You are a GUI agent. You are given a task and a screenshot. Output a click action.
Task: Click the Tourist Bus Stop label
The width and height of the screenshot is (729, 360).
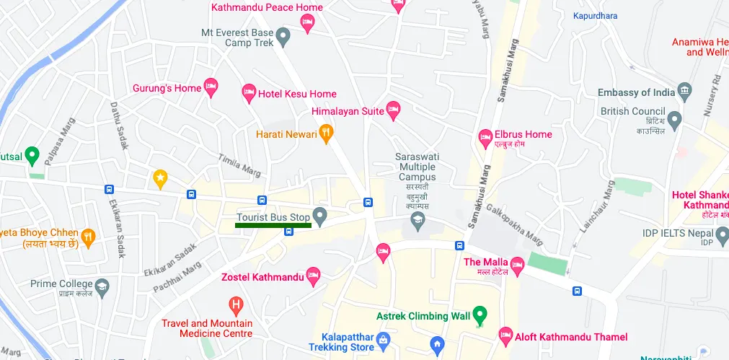[x=273, y=217]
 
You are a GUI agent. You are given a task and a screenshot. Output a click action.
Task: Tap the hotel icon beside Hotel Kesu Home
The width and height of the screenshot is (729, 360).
[x=249, y=93]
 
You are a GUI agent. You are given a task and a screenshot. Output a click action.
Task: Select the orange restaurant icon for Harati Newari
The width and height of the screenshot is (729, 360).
[x=326, y=133]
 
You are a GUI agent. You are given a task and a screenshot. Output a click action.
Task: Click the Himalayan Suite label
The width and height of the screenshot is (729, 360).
[x=348, y=112]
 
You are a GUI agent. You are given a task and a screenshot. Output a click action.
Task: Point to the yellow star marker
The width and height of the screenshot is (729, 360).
[x=160, y=177]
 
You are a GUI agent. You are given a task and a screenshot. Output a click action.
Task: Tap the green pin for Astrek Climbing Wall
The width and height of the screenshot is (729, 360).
[x=480, y=315]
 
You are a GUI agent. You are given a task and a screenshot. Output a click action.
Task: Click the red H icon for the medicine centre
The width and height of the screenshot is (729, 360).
[x=234, y=304]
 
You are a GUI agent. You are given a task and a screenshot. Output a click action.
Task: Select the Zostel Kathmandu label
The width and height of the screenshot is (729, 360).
[x=261, y=276]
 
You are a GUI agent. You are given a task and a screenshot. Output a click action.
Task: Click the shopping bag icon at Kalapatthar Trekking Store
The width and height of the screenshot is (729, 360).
[x=383, y=338]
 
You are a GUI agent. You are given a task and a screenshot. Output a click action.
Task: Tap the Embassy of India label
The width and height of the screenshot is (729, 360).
[x=636, y=92]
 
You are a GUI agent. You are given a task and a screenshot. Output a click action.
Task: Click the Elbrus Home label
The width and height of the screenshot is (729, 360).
[x=523, y=134]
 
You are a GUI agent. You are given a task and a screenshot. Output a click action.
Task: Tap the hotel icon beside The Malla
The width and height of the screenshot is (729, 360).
[x=516, y=267]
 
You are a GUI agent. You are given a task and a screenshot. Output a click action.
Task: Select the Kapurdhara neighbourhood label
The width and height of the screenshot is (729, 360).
[x=596, y=16]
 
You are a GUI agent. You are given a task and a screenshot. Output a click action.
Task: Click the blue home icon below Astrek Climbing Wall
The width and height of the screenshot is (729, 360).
[x=436, y=344]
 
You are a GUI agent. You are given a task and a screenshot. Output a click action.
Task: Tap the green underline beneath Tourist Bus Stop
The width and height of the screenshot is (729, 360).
[x=273, y=226]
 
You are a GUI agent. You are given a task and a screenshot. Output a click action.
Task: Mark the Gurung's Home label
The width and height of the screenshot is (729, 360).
[x=167, y=89]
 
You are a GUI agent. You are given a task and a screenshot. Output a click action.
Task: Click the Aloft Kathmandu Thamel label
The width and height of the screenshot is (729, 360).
[x=570, y=337]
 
